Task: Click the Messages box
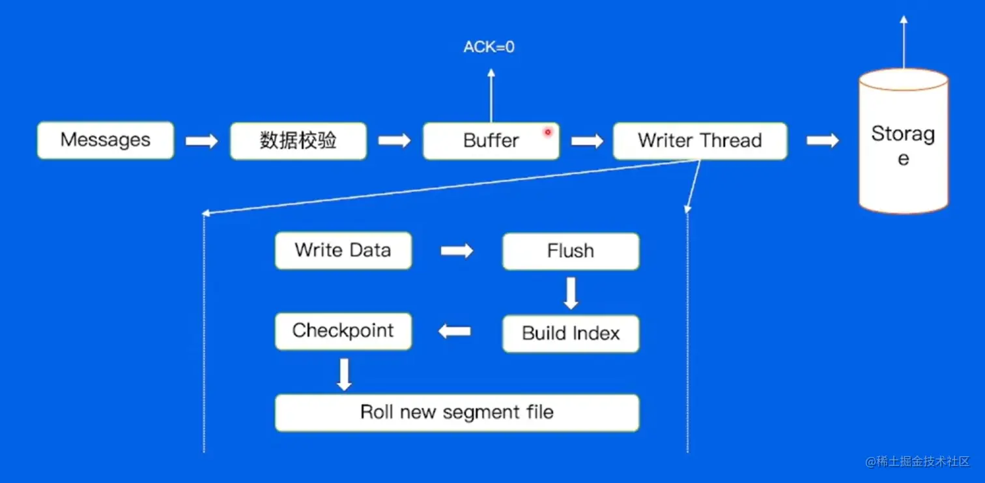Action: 106,140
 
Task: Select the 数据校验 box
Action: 298,141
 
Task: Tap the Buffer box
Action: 491,141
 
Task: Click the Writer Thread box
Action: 700,141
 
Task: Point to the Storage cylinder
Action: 904,141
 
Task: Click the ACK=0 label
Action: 489,47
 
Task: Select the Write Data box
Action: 343,250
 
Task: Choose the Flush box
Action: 571,251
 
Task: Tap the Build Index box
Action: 571,334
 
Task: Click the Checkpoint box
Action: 343,331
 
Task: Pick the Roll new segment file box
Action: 457,413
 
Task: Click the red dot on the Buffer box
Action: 548,132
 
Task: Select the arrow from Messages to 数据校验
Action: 202,141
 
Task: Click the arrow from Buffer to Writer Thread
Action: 587,141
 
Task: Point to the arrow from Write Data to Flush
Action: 457,251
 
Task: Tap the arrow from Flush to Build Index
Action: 571,293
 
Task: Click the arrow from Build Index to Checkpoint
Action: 455,331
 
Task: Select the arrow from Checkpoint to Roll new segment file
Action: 344,374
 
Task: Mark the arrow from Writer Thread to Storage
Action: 823,141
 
